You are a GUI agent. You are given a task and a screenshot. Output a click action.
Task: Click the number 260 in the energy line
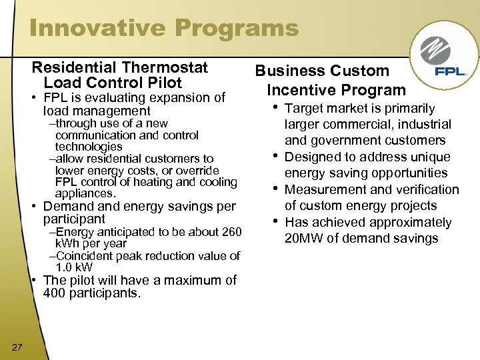pyautogui.click(x=231, y=232)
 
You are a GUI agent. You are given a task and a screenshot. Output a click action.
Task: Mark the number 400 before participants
pyautogui.click(x=55, y=293)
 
